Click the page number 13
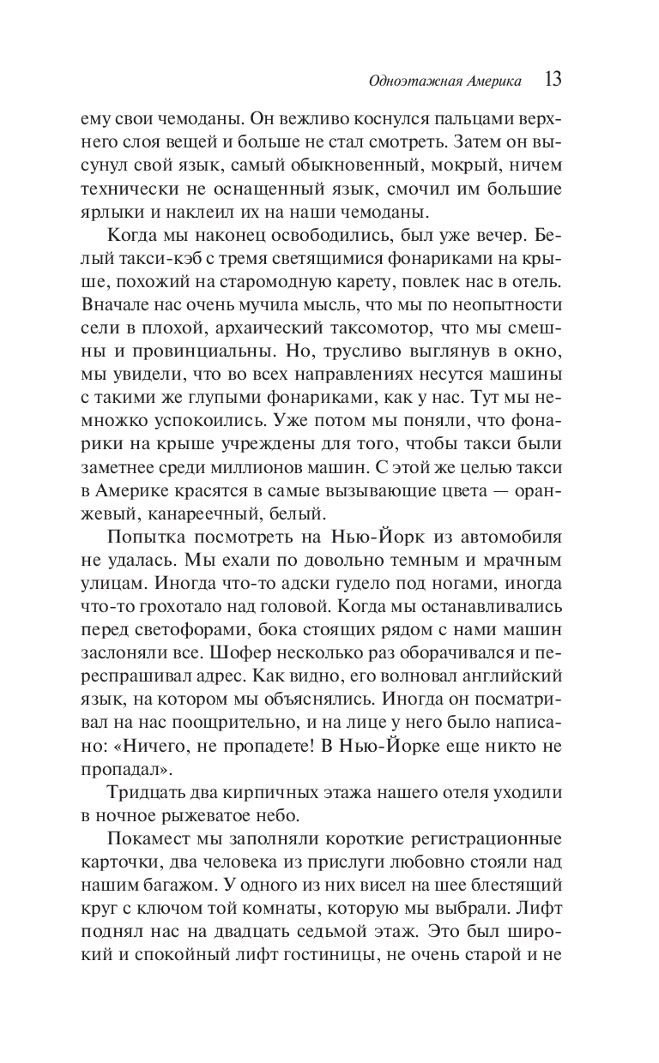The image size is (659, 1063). tap(553, 81)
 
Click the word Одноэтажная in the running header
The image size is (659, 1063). tap(407, 82)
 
